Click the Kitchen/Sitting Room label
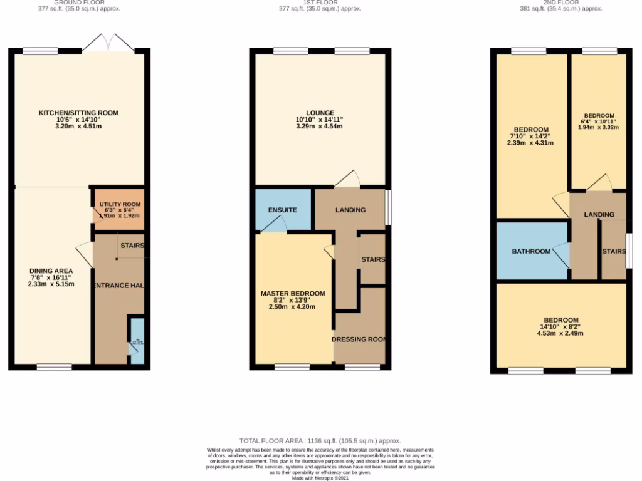[x=78, y=113]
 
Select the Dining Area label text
[x=51, y=271]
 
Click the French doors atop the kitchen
[x=108, y=44]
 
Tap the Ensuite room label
[x=282, y=210]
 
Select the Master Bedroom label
[x=293, y=293]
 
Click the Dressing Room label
[x=359, y=339]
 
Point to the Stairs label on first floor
[x=372, y=259]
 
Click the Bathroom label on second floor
[x=531, y=251]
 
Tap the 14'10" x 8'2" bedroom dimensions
[x=561, y=327]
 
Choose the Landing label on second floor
[x=599, y=215]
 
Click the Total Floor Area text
[x=320, y=441]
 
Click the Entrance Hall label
[x=119, y=286]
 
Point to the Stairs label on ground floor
[x=132, y=246]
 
